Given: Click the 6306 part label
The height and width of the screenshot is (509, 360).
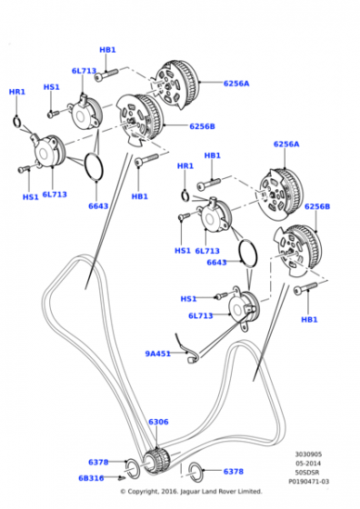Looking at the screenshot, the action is point(158,422).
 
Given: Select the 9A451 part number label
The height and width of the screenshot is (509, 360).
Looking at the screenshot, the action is point(158,354).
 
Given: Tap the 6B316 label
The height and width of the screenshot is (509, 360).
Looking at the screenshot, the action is point(91,478).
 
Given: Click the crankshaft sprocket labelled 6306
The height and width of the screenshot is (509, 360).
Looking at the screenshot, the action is point(156,461).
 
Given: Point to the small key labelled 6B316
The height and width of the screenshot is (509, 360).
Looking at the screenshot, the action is point(122,478).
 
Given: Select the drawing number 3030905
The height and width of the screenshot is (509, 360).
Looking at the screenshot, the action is point(308,454).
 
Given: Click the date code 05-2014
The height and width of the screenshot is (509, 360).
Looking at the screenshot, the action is point(308,464).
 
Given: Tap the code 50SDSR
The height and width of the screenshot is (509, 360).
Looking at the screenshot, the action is point(307,473).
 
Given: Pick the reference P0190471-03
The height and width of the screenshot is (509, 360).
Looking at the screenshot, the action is point(309,482).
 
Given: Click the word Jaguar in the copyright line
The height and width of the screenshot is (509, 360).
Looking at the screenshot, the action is point(189,491).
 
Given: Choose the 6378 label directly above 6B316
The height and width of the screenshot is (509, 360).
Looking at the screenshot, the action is point(98,462).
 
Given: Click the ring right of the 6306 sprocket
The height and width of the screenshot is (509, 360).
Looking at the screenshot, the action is point(196,472).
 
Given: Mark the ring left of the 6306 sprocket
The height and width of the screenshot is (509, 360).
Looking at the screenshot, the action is point(133,468).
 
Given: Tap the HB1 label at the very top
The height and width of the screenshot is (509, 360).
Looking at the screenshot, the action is point(107,50).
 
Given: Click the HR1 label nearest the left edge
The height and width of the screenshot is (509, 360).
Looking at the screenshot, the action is point(17,92).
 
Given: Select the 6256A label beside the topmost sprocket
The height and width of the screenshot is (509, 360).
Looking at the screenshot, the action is point(236,84).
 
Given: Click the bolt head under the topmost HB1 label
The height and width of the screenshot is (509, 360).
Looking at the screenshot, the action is point(99,77).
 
